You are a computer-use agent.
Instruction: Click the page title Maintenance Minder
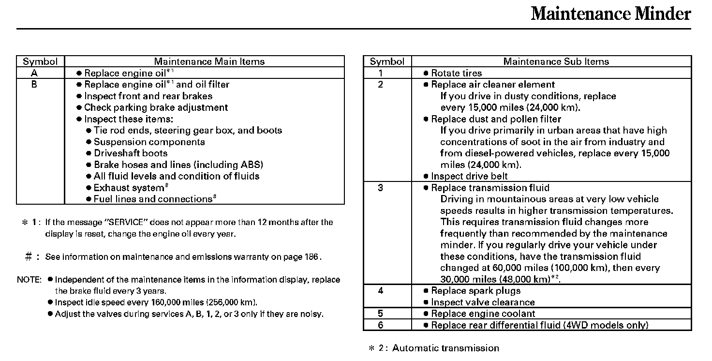coord(610,14)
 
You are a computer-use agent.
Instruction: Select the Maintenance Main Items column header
coord(209,61)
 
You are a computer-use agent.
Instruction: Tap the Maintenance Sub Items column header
coord(556,61)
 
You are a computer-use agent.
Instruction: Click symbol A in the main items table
coord(34,73)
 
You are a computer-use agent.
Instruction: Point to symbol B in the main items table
coord(34,85)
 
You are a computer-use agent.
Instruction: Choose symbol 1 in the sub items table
coord(381,73)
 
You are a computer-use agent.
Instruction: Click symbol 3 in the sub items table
coord(381,188)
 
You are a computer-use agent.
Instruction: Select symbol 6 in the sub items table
coord(381,325)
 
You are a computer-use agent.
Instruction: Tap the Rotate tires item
coord(456,73)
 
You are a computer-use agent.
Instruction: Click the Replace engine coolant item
coord(483,314)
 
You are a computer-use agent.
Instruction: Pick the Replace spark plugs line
coord(475,291)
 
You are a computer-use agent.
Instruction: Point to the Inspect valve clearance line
coord(483,302)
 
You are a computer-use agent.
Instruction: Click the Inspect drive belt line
coord(469,176)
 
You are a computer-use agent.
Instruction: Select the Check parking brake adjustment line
coord(156,107)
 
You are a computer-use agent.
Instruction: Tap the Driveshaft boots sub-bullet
coord(131,153)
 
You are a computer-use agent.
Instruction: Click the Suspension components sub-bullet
coord(149,142)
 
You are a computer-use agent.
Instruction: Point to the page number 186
coord(311,257)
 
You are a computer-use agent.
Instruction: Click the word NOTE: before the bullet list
coord(30,280)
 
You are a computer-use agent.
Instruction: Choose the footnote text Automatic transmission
coord(445,348)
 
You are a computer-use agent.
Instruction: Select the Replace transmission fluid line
coord(490,188)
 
